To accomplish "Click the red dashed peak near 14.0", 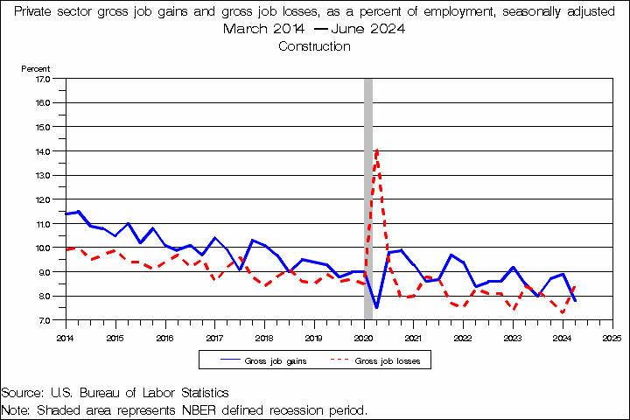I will tap(376, 150).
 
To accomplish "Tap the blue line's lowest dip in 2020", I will tap(376, 307).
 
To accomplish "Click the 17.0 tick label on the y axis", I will tap(43, 78).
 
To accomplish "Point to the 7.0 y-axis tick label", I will tap(43, 320).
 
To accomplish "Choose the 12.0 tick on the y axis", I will tap(43, 199).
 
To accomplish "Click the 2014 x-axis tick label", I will tap(65, 336).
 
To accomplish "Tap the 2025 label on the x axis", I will tap(612, 336).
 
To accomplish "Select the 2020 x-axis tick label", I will tap(363, 336).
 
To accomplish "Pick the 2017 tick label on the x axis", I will tap(214, 336).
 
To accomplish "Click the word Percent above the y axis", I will tap(36, 67).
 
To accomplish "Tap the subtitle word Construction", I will tap(314, 46).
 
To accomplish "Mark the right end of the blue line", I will tap(575, 300).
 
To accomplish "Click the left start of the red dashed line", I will tap(66, 249).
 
